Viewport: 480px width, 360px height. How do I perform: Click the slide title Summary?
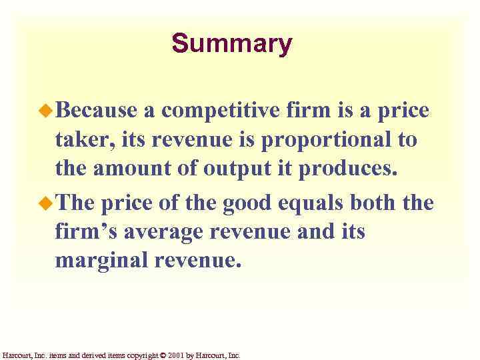pos(231,43)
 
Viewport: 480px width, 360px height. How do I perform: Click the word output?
pos(225,168)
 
